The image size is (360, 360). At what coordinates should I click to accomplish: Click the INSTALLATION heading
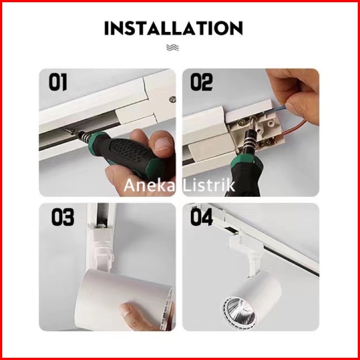click(x=173, y=28)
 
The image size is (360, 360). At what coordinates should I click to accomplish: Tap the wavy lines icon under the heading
click(x=172, y=48)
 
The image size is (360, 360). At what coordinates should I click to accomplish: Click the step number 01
click(x=58, y=82)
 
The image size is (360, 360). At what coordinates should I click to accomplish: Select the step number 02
click(x=201, y=82)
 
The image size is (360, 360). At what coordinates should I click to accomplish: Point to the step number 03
click(x=63, y=217)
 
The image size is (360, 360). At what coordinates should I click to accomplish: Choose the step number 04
click(x=202, y=217)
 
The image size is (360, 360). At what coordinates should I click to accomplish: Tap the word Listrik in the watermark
click(x=209, y=185)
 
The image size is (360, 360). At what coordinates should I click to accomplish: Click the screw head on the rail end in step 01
click(x=172, y=99)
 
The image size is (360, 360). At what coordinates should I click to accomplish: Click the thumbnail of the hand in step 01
click(x=163, y=144)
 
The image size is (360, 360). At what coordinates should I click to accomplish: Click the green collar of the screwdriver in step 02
click(x=246, y=161)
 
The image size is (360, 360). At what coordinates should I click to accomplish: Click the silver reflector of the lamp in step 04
click(x=240, y=311)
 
